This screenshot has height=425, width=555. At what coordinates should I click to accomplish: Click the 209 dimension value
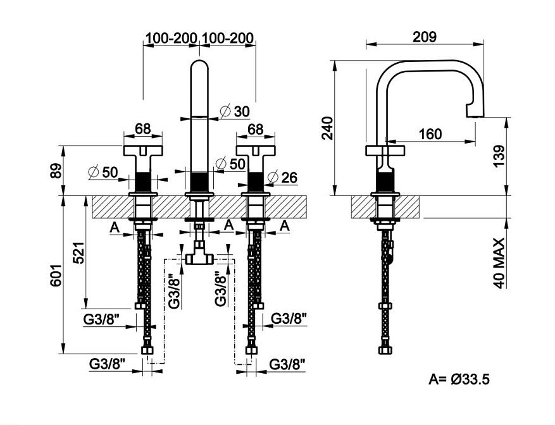click(425, 37)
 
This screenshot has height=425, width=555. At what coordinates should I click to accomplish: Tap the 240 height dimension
click(327, 128)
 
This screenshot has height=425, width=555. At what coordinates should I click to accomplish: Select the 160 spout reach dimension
click(430, 134)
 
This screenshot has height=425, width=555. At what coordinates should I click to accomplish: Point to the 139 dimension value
click(499, 156)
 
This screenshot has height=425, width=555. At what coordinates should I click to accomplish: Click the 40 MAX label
click(499, 263)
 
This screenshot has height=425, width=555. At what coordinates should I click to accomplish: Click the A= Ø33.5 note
click(459, 379)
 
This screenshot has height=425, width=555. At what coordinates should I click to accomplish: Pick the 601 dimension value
click(56, 275)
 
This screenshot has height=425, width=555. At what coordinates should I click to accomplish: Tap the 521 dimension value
click(79, 252)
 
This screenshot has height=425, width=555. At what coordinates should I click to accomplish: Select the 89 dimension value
click(56, 171)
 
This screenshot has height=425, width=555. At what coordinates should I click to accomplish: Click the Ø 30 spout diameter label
click(235, 111)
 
